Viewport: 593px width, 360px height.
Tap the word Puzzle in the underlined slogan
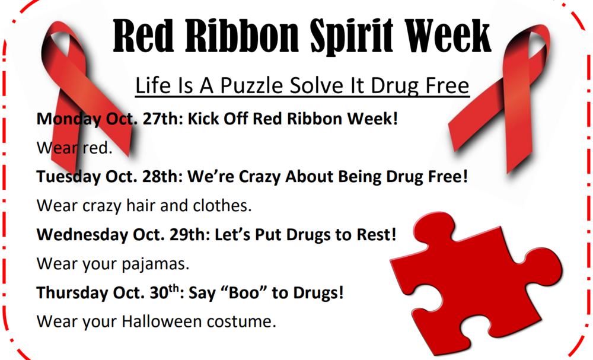click(x=251, y=86)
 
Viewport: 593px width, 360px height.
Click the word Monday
click(x=69, y=119)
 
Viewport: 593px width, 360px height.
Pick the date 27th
click(x=160, y=119)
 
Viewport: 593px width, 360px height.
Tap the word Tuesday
click(x=68, y=177)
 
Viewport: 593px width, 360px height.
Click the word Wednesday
click(x=82, y=234)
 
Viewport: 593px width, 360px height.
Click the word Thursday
click(x=69, y=293)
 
